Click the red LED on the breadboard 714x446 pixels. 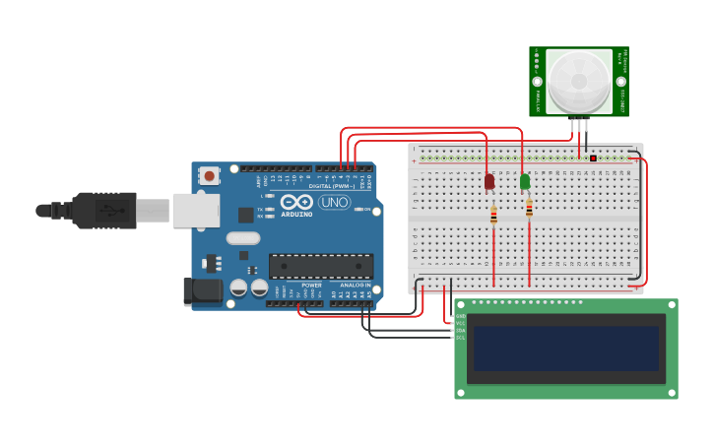click(x=489, y=182)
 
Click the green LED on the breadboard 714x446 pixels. click(x=525, y=181)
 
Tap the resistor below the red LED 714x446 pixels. click(x=493, y=216)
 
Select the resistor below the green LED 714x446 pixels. click(x=529, y=208)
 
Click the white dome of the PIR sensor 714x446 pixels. click(x=579, y=81)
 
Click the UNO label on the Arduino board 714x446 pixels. click(x=335, y=202)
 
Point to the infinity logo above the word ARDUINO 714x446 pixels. click(x=296, y=201)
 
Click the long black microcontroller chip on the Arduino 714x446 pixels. click(x=321, y=266)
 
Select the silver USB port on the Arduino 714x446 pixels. click(x=196, y=210)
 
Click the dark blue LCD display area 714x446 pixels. click(x=565, y=349)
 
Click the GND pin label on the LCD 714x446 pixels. click(x=461, y=315)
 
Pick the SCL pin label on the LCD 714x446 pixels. click(x=461, y=338)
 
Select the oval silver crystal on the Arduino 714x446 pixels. click(x=242, y=237)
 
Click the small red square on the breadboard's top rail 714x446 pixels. click(x=593, y=158)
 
